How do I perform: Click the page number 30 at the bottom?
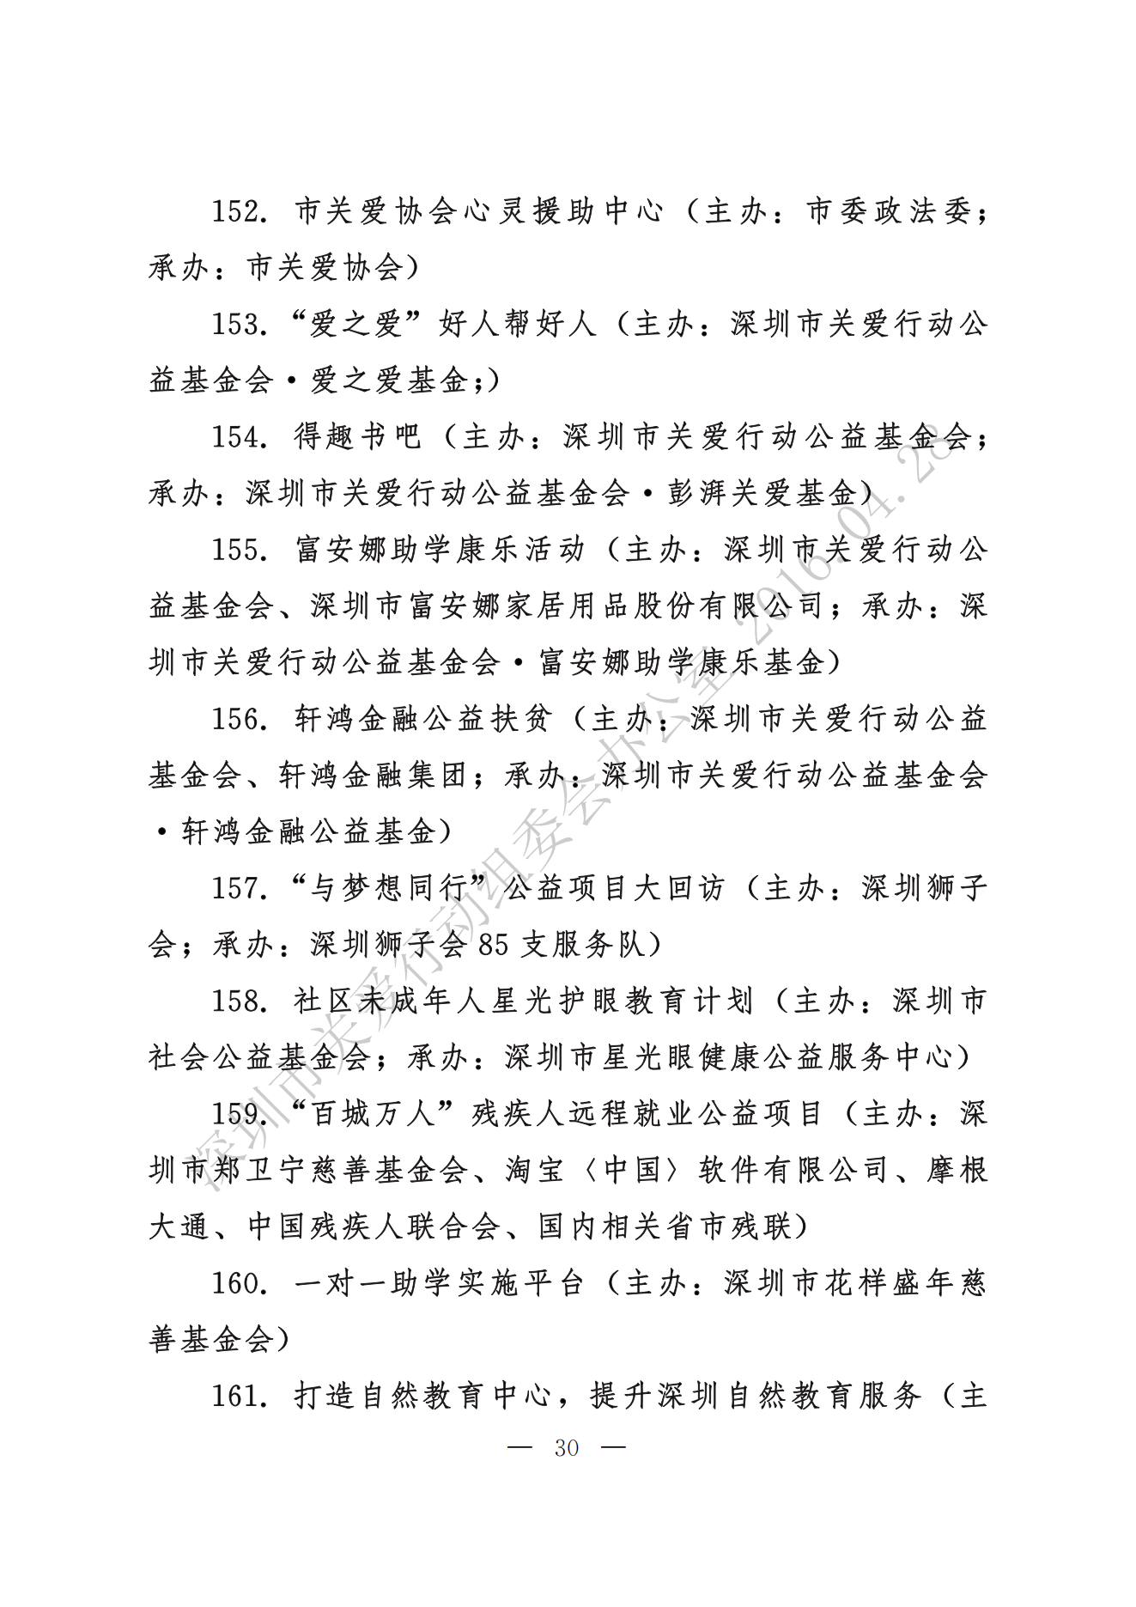[x=567, y=1448]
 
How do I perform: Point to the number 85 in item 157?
[x=494, y=945]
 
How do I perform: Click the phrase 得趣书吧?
[x=358, y=437]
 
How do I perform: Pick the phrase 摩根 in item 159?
[x=956, y=1170]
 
